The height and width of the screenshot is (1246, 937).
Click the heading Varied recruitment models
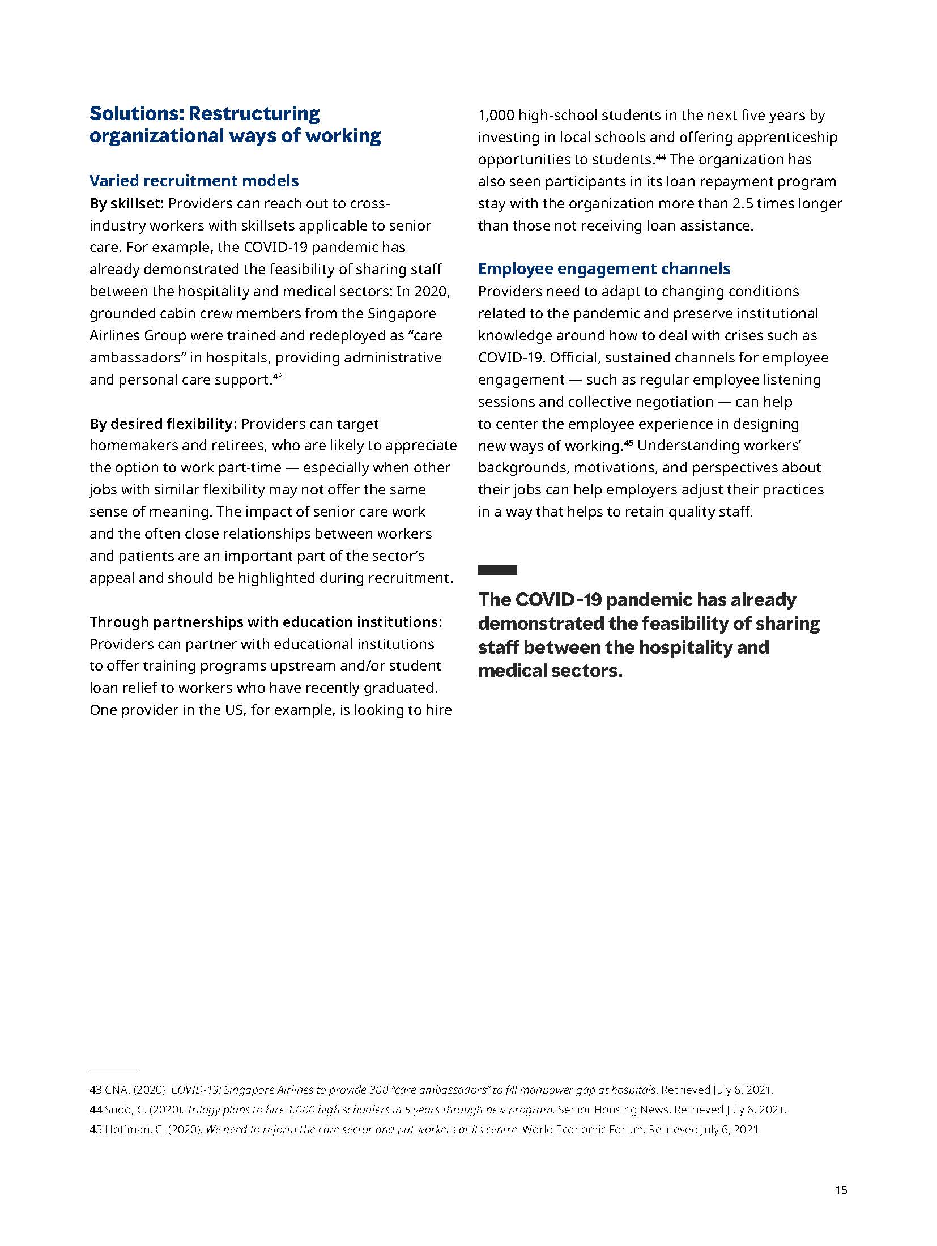point(194,181)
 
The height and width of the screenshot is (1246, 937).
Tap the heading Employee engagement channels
point(604,268)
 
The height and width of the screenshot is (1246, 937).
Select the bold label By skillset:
point(126,203)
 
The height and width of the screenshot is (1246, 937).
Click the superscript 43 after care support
point(278,376)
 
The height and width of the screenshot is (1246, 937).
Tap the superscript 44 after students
point(661,156)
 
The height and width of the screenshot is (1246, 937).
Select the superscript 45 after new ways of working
point(628,442)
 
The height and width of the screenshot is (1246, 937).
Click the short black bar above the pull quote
point(497,570)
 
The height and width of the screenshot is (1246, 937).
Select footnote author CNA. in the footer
point(117,1090)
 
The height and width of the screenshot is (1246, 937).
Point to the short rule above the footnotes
point(113,1072)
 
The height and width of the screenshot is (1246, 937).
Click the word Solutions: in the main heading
point(137,113)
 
